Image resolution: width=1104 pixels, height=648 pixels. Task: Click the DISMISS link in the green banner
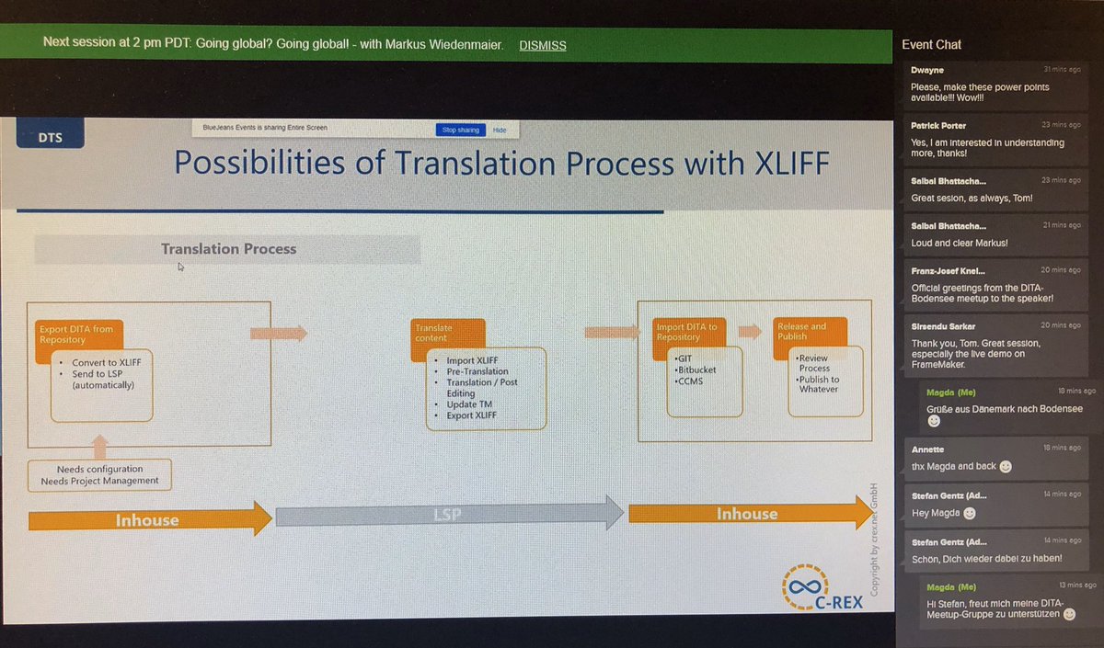coord(542,44)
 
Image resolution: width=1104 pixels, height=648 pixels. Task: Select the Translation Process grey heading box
coord(228,249)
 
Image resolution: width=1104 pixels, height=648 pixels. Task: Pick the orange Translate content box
coord(446,333)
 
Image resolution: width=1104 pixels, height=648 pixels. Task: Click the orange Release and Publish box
coord(801,331)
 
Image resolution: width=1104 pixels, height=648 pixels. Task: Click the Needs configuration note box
coord(99,474)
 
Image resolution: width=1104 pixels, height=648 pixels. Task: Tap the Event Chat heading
coord(931,44)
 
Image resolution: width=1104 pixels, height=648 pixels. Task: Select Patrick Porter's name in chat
coord(938,125)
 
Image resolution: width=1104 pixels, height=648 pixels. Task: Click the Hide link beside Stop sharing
coord(500,131)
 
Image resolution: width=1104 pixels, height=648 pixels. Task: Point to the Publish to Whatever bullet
coord(819,385)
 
